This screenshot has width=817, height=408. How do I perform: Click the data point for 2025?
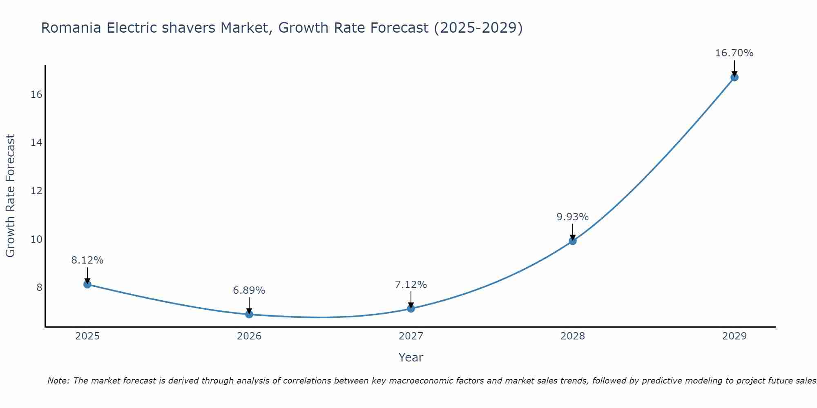click(x=87, y=284)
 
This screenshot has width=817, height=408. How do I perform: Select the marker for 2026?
click(x=249, y=314)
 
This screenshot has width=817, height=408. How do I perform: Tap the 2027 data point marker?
click(x=411, y=308)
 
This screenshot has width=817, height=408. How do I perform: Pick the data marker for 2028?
click(x=573, y=241)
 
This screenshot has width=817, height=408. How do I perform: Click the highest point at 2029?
click(x=734, y=77)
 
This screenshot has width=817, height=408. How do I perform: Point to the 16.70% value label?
click(x=734, y=53)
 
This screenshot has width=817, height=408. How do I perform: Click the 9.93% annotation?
click(x=572, y=217)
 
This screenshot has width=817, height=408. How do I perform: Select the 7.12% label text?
click(x=411, y=285)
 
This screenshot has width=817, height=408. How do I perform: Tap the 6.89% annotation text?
click(x=249, y=290)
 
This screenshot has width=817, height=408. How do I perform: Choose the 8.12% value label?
click(x=87, y=260)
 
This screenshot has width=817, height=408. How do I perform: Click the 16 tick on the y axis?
click(x=36, y=95)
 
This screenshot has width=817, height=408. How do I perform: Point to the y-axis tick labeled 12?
click(x=36, y=191)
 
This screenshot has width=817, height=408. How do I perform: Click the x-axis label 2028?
click(x=572, y=336)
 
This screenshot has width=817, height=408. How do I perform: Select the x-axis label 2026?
click(x=249, y=336)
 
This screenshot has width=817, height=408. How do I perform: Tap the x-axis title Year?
click(x=411, y=357)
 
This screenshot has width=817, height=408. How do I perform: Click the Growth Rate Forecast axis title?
click(x=10, y=196)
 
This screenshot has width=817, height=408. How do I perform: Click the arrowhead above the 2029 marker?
click(x=734, y=74)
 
